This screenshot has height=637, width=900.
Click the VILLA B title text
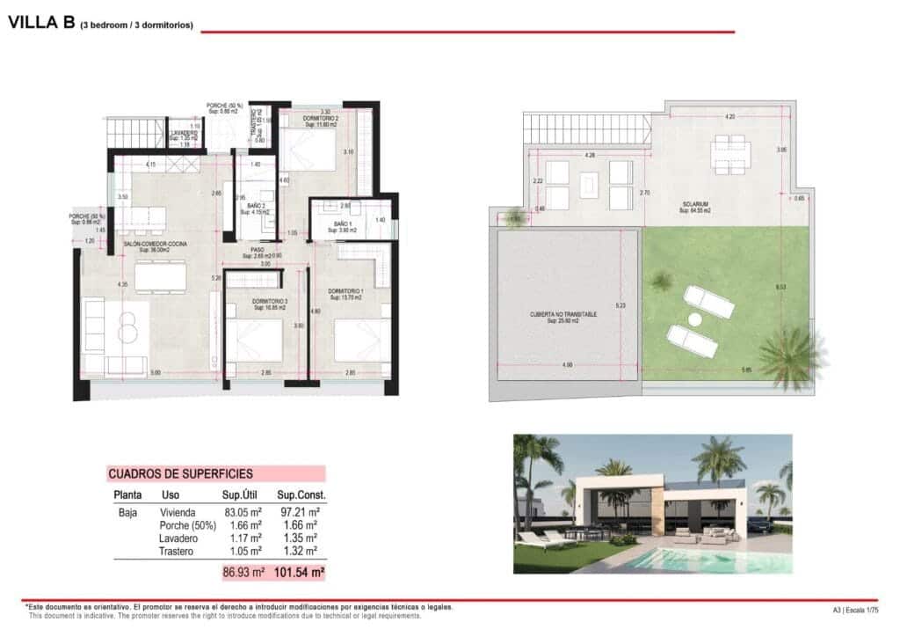tap(40, 24)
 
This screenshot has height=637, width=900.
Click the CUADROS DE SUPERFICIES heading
tap(180, 473)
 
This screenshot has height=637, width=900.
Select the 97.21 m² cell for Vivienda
tap(298, 512)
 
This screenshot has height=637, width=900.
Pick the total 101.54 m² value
tap(299, 572)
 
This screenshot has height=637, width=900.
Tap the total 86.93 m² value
tap(243, 572)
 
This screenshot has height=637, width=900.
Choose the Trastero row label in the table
tap(177, 550)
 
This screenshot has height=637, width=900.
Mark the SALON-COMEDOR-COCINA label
tap(156, 245)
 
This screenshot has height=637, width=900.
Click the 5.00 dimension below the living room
tap(156, 373)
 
